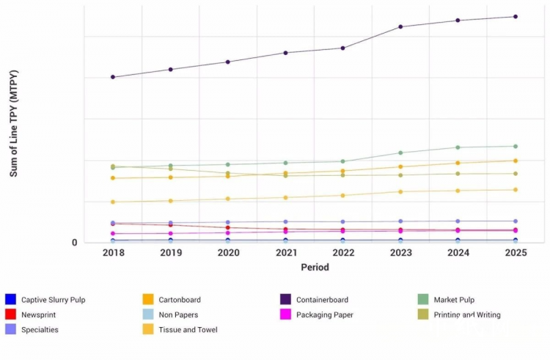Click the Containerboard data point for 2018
(113, 77)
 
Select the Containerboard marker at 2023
(400, 26)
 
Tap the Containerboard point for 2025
(516, 16)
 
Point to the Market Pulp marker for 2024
(458, 147)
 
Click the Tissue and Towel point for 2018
(113, 202)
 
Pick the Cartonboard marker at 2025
(516, 161)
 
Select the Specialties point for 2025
(516, 221)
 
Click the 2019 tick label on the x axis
(171, 253)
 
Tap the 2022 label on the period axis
(343, 253)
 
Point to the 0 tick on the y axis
(75, 243)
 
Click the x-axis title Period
(315, 268)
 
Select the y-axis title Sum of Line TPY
(14, 123)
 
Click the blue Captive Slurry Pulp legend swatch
(10, 299)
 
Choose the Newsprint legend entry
(38, 315)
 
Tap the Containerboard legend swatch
(285, 299)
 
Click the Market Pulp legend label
(454, 299)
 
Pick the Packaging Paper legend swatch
(285, 315)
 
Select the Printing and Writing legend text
(467, 315)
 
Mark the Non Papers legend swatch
(147, 315)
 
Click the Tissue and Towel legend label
(188, 330)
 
